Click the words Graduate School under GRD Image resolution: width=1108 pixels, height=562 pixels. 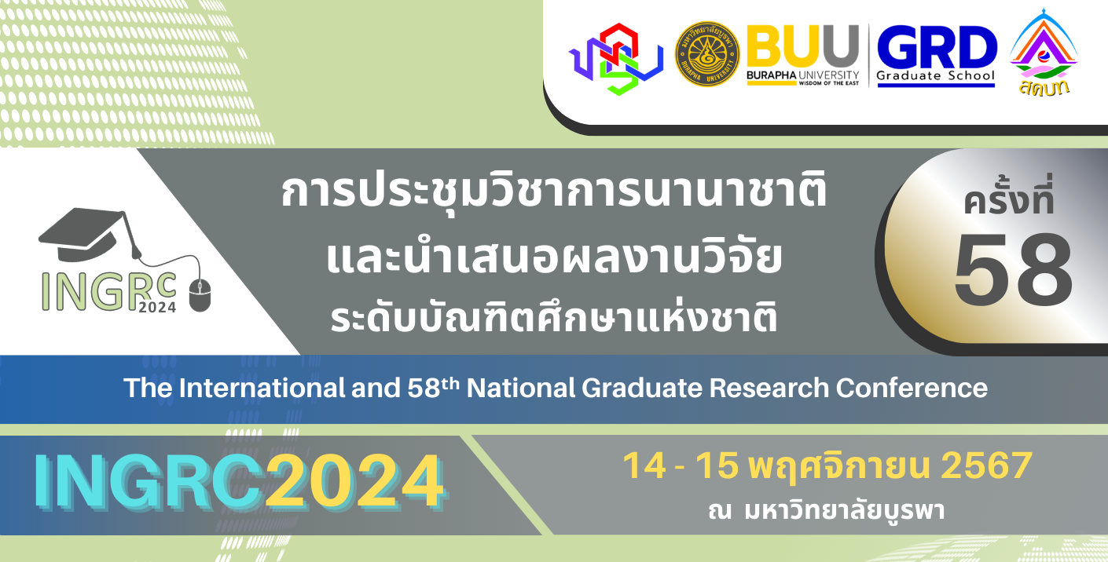click(x=935, y=77)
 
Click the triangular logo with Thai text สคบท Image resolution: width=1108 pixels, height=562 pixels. click(x=1043, y=53)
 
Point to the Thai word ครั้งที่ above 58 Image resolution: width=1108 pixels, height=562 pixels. click(x=1009, y=201)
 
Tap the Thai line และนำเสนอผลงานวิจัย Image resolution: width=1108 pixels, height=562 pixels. click(x=553, y=257)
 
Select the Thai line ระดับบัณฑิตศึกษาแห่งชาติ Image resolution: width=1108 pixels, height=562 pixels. click(x=553, y=319)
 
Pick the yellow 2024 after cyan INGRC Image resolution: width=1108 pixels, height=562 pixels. click(x=354, y=480)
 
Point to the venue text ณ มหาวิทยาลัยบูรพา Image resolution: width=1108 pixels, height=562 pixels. click(x=826, y=511)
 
